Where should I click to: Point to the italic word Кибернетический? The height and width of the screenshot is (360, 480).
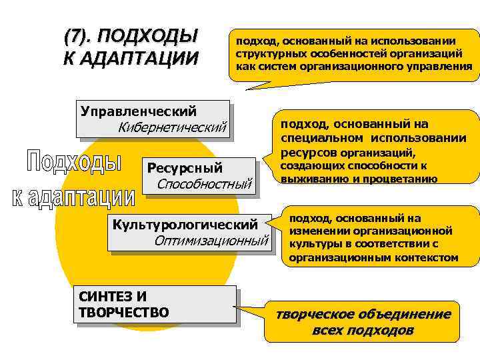pos(173,127)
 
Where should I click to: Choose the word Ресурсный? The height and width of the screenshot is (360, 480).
pos(185,167)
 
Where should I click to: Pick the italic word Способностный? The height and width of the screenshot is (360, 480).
pos(205,183)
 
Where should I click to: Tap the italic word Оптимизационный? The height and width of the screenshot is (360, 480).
pos(211,240)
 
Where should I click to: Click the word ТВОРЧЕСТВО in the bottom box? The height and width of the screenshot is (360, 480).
pos(124,313)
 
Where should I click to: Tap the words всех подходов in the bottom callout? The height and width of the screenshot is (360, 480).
pos(363,330)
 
